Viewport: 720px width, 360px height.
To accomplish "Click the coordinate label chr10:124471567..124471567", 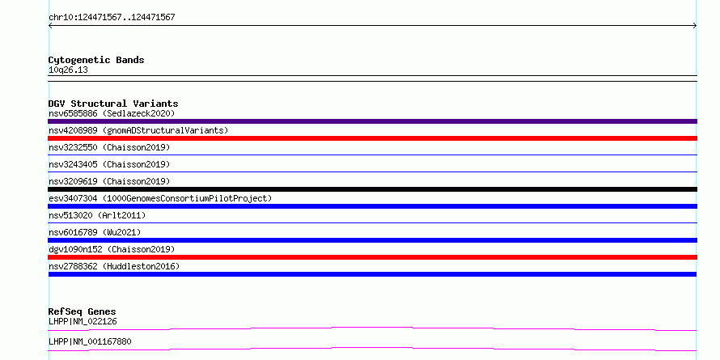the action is point(112,18).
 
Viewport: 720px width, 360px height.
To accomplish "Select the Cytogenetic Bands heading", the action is point(96,60).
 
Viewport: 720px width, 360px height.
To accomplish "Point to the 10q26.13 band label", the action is point(68,70).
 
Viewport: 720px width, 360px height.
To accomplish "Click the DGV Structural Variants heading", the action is point(113,104).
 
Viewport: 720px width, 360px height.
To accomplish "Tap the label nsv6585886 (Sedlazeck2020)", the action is point(112,113).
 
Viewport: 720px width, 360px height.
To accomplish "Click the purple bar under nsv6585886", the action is point(372,121).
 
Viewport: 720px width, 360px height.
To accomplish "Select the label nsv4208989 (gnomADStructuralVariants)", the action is point(138,130).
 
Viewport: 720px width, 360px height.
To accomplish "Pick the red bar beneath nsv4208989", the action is point(372,138).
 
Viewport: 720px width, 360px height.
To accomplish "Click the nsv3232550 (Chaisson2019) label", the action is point(109,147).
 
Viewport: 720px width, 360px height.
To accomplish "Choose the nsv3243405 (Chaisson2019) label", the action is point(109,164).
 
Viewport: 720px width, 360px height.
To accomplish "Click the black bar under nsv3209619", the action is point(372,189).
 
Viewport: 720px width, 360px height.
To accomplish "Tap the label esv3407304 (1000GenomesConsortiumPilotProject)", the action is point(160,198).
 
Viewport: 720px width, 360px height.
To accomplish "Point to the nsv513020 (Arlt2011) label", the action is point(97,215).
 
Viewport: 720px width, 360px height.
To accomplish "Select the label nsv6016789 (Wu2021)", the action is point(95,232).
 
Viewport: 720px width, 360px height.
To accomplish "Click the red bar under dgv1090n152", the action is point(372,257).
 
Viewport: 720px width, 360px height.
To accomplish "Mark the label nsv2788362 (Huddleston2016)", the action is point(114,266).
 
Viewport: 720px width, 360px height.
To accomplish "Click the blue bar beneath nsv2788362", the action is point(372,274).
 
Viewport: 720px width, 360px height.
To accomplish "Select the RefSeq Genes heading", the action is point(83,312).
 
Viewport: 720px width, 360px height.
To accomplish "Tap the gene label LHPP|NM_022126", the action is point(83,322).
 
